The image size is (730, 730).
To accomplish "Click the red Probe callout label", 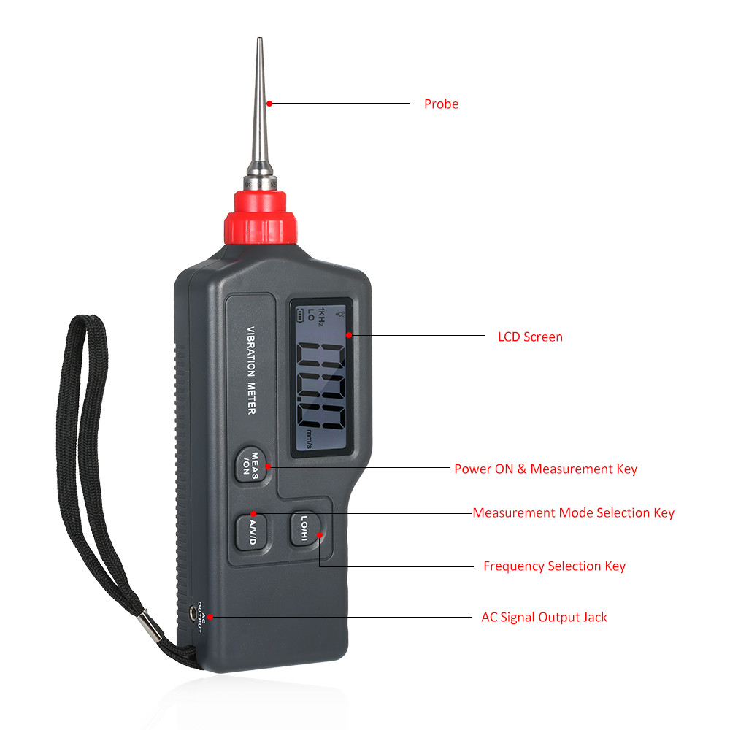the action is [x=441, y=104].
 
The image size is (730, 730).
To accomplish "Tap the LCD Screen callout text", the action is [x=530, y=337].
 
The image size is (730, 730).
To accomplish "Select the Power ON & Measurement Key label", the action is [x=545, y=469].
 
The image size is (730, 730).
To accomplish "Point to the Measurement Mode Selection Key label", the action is [x=574, y=512].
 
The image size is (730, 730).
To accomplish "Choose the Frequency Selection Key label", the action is [x=555, y=566].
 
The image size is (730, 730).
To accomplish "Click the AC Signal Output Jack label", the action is [x=545, y=618].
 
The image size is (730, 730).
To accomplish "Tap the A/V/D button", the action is [x=251, y=532].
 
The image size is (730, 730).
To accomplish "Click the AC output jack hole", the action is [x=193, y=613].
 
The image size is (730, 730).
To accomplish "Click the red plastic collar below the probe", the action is [x=261, y=218].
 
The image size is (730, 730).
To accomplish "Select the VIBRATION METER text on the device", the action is [x=251, y=370].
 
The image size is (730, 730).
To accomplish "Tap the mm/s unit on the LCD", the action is [x=309, y=439].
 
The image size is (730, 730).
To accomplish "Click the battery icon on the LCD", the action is [x=300, y=315].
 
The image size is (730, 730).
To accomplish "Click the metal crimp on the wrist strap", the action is [x=150, y=626].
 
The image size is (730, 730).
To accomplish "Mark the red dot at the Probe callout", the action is [x=269, y=104].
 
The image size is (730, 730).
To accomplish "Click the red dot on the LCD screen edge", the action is [x=349, y=335].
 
